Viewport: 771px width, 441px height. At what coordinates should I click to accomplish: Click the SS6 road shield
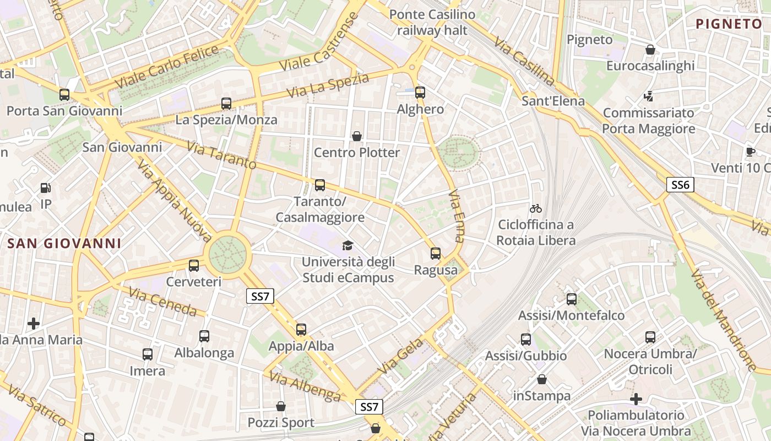680,185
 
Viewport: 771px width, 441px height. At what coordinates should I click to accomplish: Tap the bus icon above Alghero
420,93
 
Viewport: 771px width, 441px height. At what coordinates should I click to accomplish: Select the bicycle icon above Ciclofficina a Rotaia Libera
536,208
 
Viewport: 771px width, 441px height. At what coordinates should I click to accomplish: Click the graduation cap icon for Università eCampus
348,245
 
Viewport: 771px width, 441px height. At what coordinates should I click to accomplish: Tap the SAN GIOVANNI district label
64,243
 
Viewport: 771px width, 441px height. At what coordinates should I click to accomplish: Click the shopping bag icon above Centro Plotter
357,136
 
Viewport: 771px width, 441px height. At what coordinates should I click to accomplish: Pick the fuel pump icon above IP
46,188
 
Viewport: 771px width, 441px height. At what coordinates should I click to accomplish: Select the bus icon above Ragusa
436,254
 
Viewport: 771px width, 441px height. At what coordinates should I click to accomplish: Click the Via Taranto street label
221,155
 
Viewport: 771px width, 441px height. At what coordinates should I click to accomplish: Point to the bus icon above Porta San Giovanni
64,95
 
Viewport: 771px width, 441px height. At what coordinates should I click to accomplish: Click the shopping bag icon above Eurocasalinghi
650,50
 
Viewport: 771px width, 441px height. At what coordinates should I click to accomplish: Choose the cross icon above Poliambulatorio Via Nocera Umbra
636,399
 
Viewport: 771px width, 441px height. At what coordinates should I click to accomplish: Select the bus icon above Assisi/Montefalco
572,299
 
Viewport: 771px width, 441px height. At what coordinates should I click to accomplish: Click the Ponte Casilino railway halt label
432,22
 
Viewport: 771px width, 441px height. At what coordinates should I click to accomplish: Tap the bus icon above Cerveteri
194,266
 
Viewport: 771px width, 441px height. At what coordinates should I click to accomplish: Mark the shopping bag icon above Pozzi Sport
281,406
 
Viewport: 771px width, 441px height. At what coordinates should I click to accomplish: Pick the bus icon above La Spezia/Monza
226,103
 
